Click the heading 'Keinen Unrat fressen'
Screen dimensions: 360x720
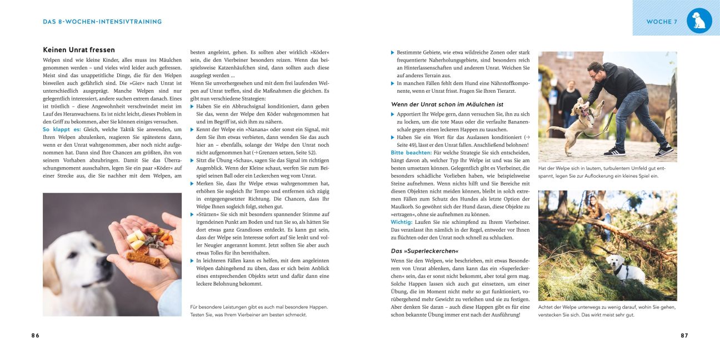tap(71, 50)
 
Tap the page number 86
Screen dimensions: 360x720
tap(35, 336)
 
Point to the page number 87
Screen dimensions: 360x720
tap(684, 336)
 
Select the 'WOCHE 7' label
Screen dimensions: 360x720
tap(661, 22)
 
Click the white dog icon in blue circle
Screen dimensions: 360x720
tap(699, 21)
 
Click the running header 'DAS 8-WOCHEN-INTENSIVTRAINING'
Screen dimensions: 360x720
tap(102, 22)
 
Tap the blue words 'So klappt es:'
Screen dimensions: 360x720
tap(61, 129)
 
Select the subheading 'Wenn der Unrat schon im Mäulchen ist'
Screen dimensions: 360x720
tap(447, 104)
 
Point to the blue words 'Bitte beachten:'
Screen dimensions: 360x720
tap(411, 152)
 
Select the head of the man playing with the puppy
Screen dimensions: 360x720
tap(596, 71)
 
